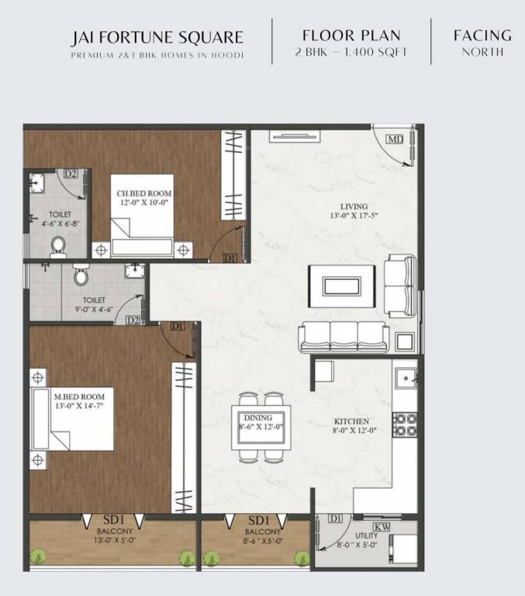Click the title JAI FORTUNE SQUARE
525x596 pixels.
click(157, 37)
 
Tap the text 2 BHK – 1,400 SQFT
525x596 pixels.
click(351, 53)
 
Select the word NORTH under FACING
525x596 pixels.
click(482, 53)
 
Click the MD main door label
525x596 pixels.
click(395, 140)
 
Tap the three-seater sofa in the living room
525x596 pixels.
click(344, 335)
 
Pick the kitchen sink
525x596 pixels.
click(406, 380)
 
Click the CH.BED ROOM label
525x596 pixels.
click(144, 193)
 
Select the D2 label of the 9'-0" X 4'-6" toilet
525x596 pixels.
click(133, 320)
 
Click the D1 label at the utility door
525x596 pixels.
click(336, 518)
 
